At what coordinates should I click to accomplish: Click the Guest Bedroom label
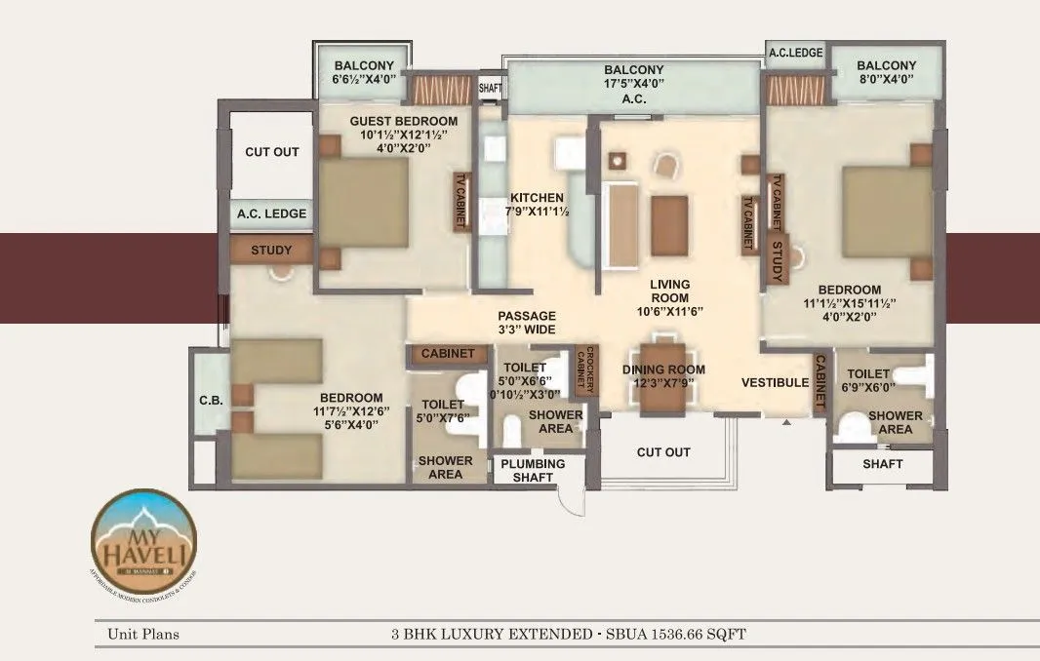coord(397,120)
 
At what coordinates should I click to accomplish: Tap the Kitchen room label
coord(536,198)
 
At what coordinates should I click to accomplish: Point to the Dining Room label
coord(663,369)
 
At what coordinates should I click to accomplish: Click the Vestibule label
coord(775,382)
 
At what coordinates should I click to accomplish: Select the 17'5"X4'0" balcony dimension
coord(634,85)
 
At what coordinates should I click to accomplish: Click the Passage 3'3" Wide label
coord(526,323)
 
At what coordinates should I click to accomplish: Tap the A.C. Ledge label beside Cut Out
coord(271,214)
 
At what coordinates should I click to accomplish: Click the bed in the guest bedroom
coord(363,202)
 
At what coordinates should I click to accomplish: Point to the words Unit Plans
coord(143,635)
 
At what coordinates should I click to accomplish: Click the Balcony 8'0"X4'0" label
coord(886,73)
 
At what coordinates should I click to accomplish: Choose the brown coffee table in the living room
coord(670,224)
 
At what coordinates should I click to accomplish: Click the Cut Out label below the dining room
coord(663,452)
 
